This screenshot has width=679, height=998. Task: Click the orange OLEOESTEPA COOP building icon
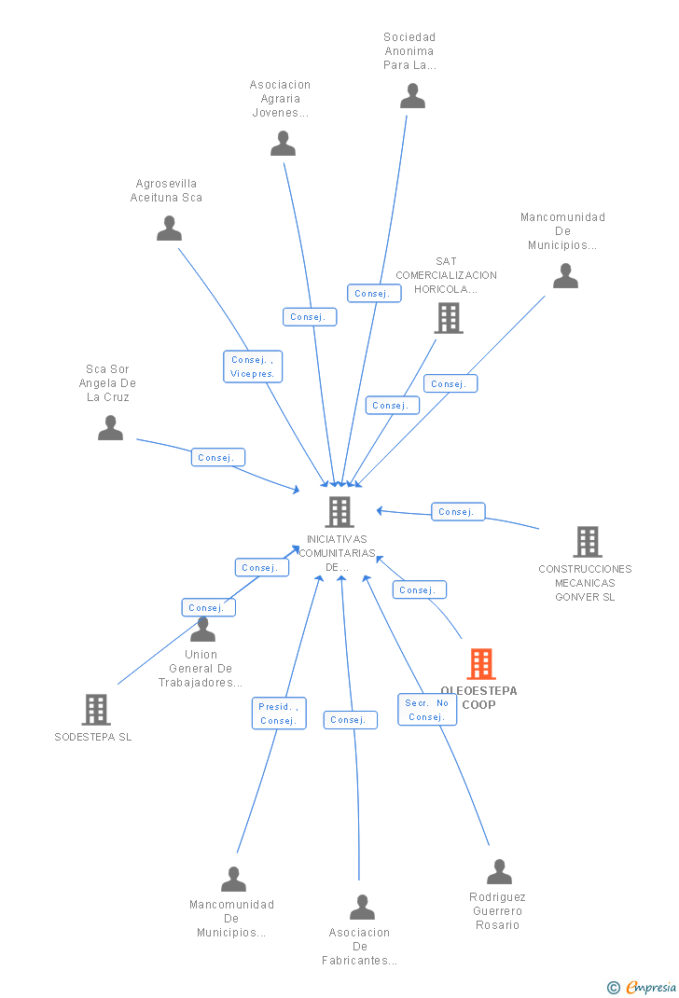(480, 664)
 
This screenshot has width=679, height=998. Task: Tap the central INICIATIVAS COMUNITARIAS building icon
(339, 512)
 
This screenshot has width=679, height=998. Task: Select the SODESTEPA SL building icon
(96, 710)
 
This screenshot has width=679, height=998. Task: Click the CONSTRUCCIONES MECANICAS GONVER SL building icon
(587, 542)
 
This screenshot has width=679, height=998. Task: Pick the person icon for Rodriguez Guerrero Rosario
(499, 872)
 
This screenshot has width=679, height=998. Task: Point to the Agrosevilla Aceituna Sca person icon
(169, 229)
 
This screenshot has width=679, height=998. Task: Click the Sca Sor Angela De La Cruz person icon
(110, 428)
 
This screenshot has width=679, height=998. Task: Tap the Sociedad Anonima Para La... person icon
(412, 96)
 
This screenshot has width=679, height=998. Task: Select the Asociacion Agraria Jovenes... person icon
(283, 144)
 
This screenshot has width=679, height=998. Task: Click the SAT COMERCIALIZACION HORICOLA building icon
(449, 318)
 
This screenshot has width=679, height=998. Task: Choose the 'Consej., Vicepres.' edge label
(253, 367)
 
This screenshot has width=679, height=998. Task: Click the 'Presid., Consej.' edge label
(279, 714)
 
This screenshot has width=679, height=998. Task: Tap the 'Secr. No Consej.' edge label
(427, 710)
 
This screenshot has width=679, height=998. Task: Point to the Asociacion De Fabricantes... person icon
(362, 908)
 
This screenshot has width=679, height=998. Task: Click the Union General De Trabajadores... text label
(200, 669)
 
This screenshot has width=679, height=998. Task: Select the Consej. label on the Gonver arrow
(457, 511)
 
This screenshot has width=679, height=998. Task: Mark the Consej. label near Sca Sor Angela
(217, 458)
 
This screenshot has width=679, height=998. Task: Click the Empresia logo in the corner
(651, 988)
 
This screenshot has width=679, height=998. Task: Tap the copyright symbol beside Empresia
(613, 988)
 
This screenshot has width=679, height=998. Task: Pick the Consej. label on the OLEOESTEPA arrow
(419, 589)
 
